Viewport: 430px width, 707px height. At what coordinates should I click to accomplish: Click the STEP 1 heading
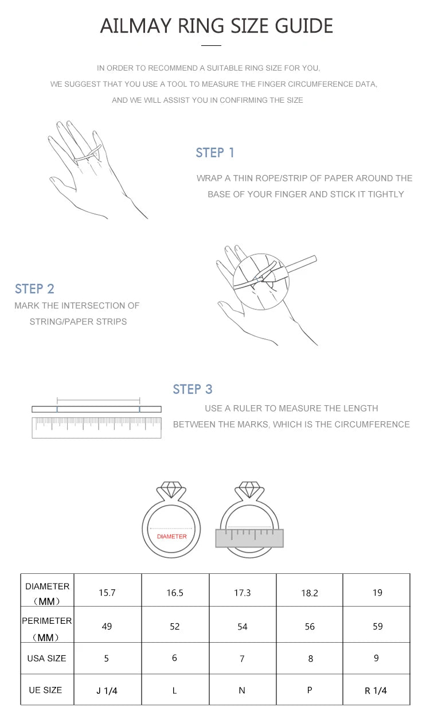pos(214,153)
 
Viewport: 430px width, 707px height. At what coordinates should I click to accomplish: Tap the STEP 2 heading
pos(34,289)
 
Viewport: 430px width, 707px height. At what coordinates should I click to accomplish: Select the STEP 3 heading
pos(193,389)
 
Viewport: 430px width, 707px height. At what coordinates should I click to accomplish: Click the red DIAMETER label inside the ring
pos(172,536)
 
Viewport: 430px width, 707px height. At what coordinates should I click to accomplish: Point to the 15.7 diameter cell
pos(107,592)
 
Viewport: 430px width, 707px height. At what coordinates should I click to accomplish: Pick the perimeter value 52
pos(175,626)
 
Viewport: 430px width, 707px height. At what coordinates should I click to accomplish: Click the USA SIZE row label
pos(46,658)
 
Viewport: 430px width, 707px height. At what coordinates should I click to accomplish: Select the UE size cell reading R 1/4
pos(376,690)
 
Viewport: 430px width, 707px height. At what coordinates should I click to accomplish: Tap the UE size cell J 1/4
pos(107,691)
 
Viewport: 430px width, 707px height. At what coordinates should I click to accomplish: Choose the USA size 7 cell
pos(242,658)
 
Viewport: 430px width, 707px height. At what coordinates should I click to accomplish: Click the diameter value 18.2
pos(310,593)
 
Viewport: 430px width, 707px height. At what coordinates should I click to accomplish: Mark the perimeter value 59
pos(378,626)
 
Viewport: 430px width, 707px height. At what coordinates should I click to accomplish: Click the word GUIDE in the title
pos(304,26)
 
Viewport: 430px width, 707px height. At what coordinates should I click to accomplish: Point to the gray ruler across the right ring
pos(249,538)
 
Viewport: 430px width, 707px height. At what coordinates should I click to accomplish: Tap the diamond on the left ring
pos(171,489)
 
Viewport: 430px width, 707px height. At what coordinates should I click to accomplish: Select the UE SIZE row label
pos(45,690)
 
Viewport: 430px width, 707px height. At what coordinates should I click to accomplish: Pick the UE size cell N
pos(242,690)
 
